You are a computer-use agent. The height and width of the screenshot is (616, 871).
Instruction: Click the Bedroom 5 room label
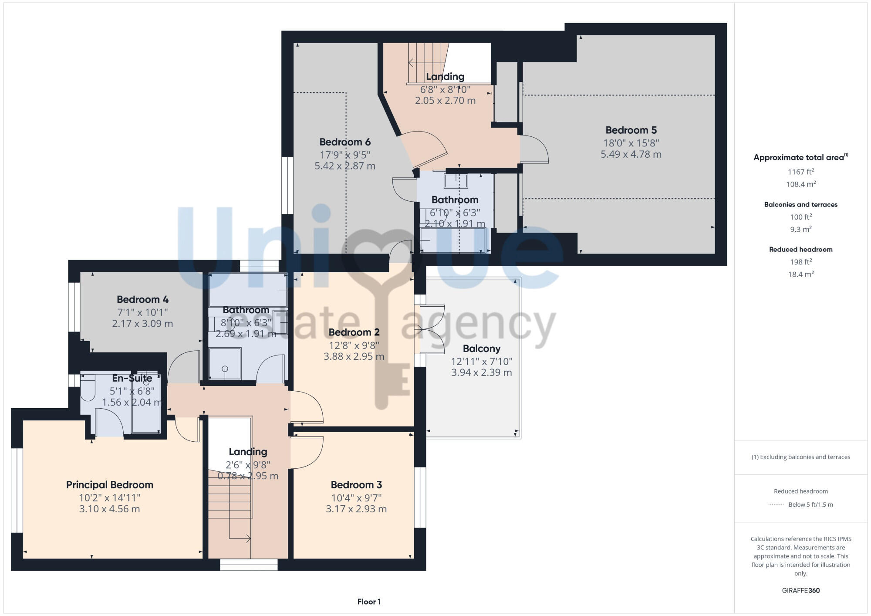(x=631, y=130)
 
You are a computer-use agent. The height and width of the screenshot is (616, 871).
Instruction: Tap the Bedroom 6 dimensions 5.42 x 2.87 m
(x=345, y=166)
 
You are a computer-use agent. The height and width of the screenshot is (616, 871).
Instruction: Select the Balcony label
(x=481, y=349)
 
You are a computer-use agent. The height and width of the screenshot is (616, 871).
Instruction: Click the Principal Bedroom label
(x=110, y=485)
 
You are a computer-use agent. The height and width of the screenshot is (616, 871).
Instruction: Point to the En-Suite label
(x=132, y=378)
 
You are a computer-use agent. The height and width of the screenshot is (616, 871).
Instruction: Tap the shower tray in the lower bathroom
(x=225, y=364)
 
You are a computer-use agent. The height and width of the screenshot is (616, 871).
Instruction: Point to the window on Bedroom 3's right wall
(x=420, y=497)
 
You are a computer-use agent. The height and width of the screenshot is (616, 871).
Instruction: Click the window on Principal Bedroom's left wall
(x=17, y=490)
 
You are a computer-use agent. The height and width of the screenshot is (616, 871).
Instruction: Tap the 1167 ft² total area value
(x=800, y=172)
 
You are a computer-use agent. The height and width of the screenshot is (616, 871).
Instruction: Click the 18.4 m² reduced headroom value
(x=800, y=274)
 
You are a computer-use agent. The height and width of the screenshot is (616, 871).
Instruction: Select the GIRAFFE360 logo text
(x=800, y=591)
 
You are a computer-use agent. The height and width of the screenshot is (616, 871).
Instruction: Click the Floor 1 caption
(x=369, y=602)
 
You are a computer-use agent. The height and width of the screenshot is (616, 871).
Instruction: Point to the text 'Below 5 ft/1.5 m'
(x=810, y=504)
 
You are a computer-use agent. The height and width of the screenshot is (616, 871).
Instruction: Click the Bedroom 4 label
(x=142, y=300)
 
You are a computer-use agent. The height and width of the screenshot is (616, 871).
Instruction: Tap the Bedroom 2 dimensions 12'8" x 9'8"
(x=354, y=345)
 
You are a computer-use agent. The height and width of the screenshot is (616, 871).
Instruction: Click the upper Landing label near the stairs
(x=445, y=77)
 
